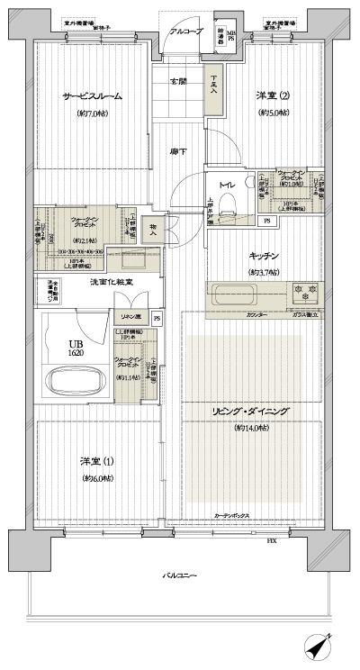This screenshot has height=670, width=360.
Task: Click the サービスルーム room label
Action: pos(92,95)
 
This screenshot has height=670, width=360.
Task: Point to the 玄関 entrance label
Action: pos(178,81)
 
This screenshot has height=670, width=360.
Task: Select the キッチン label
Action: pos(264,256)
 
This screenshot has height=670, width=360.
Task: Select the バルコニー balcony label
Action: pos(179,574)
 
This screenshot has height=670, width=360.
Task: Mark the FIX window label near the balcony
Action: pos(271,540)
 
